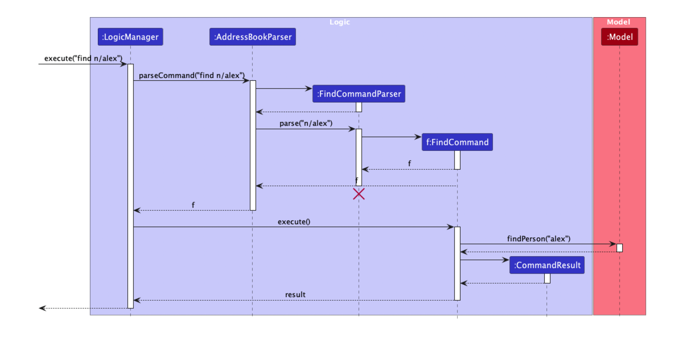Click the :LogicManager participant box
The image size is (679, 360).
[x=130, y=37]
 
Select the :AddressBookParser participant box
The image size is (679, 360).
[x=252, y=37]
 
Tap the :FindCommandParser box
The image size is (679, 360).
[x=359, y=94]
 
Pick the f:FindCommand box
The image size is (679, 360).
[x=457, y=142]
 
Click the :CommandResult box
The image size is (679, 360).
[x=547, y=265]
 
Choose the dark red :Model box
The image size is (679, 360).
[x=620, y=37]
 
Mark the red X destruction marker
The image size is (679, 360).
[x=359, y=194]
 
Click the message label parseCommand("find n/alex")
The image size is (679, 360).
[x=192, y=75]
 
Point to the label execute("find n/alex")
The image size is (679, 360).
[x=83, y=58]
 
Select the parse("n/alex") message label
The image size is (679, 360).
[x=306, y=123]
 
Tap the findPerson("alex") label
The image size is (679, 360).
[x=539, y=239]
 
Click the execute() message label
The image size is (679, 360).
[x=294, y=221]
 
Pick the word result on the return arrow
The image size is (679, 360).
[x=295, y=295]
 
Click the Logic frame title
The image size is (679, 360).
[x=339, y=22]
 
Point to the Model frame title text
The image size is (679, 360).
[x=618, y=22]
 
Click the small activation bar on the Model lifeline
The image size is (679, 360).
[x=620, y=248]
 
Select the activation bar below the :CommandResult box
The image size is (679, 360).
[x=547, y=278]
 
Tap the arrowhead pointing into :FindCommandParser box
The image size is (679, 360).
[x=309, y=89]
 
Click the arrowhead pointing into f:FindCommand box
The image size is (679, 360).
[x=418, y=137]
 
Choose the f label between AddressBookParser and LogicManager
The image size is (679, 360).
[x=193, y=205]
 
